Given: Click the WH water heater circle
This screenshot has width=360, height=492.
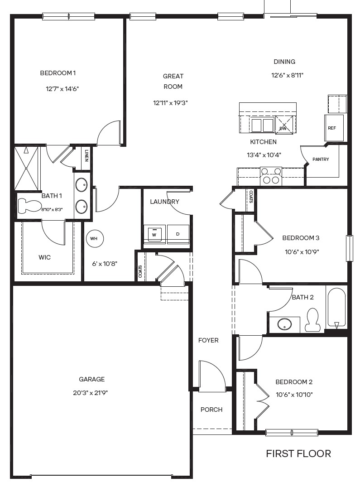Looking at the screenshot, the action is pyautogui.click(x=94, y=238).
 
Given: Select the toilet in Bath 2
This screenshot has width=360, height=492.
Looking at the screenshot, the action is pyautogui.click(x=312, y=319).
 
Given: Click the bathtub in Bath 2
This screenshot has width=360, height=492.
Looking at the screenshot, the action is pyautogui.click(x=336, y=308).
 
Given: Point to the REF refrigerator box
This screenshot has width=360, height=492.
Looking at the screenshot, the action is pyautogui.click(x=334, y=128).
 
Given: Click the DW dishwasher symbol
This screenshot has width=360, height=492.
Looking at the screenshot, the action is pyautogui.click(x=284, y=125).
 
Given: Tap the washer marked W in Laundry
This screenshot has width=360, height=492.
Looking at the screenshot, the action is pyautogui.click(x=154, y=233).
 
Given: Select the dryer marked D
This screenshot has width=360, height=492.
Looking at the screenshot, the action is pyautogui.click(x=178, y=233).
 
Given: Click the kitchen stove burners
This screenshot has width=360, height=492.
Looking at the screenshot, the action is pyautogui.click(x=271, y=176).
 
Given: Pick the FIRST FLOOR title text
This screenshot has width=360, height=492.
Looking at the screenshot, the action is pyautogui.click(x=298, y=453).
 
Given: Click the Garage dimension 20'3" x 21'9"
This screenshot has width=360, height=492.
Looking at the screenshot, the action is pyautogui.click(x=91, y=392).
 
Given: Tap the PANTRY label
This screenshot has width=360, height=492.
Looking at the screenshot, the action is pyautogui.click(x=321, y=159).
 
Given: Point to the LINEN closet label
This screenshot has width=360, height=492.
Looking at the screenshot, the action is pyautogui.click(x=86, y=154).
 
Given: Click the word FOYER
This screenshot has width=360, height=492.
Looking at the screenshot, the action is pyautogui.click(x=208, y=340).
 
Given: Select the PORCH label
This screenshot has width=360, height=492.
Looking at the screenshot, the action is pyautogui.click(x=211, y=410).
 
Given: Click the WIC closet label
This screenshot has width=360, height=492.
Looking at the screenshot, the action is pyautogui.click(x=44, y=257).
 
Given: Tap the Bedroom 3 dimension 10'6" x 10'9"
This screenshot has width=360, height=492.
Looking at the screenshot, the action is pyautogui.click(x=302, y=251).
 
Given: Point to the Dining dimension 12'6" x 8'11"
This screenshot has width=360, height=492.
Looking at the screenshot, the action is pyautogui.click(x=287, y=75).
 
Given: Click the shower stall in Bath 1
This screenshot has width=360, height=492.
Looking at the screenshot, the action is pyautogui.click(x=27, y=168).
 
